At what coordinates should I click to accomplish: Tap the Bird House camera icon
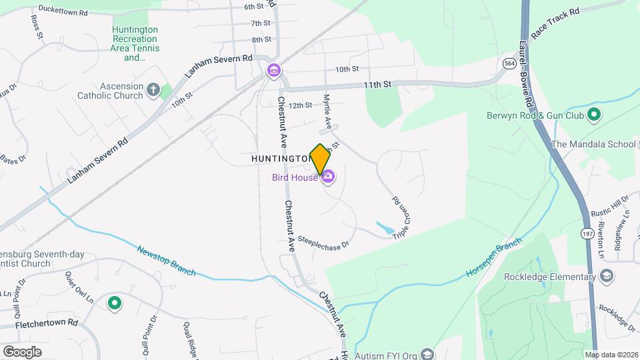[329, 177]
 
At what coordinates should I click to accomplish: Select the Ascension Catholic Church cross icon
[153, 90]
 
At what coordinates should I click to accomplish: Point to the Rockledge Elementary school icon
[607, 277]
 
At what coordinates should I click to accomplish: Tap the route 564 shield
[510, 63]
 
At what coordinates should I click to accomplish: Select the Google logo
[22, 351]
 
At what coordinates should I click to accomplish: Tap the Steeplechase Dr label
[323, 242]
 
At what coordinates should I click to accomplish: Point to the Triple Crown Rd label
[400, 215]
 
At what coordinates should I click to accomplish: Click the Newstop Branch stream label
[166, 261]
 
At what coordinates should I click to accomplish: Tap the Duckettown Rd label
[63, 11]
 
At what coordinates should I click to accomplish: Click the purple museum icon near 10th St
[273, 70]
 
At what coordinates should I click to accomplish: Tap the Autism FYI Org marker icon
[427, 353]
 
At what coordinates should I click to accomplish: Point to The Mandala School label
[594, 144]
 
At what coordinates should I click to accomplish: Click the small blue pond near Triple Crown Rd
[385, 228]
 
